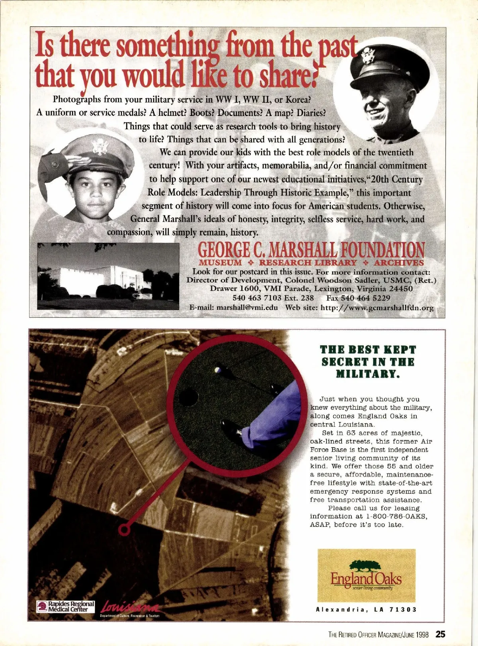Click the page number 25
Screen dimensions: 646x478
440,634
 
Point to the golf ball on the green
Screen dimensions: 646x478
217,369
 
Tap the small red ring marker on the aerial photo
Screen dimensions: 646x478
125,529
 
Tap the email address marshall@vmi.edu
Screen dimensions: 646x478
247,308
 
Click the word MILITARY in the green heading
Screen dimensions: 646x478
367,374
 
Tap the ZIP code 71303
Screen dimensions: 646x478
403,609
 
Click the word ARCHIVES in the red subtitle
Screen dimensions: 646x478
399,263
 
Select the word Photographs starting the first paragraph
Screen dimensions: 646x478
78,99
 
